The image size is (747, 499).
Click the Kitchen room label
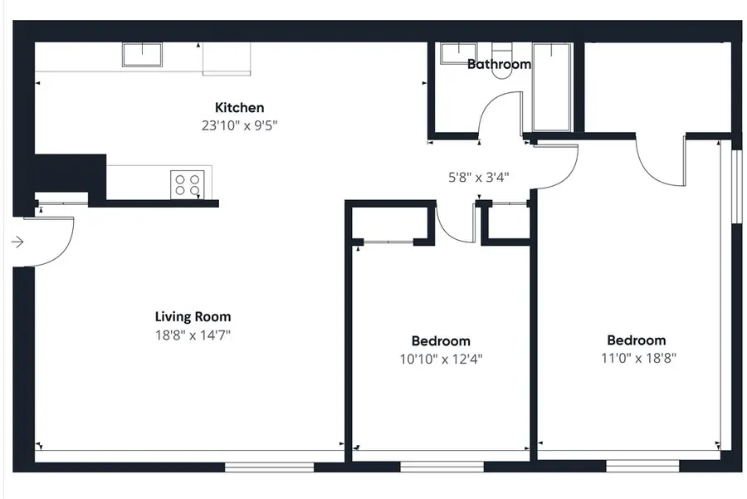coord(240,107)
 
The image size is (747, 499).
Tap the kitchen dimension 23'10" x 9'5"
coord(240,126)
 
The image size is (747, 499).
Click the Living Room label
coord(193,316)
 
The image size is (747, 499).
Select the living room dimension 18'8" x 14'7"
coord(193,335)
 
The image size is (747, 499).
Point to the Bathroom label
coord(499,64)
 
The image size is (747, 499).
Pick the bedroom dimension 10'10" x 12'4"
coord(441,360)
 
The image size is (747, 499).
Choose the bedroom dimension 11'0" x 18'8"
coord(637,359)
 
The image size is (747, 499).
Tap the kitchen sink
coord(142,55)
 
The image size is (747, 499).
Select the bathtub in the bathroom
coord(552,86)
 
